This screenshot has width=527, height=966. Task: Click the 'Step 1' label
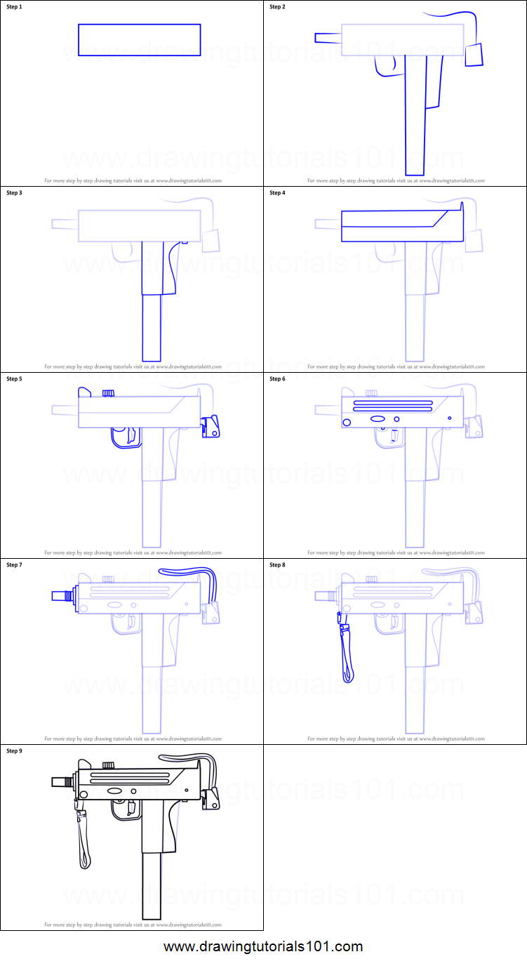coord(14,7)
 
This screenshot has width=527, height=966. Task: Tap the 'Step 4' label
coord(277,193)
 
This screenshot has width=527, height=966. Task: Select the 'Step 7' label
coord(14,565)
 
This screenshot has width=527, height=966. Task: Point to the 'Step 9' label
coord(14,751)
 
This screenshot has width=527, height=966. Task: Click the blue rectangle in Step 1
coord(139,40)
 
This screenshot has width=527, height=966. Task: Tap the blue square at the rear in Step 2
coord(474,55)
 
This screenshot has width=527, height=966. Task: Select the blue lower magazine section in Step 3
coord(152,327)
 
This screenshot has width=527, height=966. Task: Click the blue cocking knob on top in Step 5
coord(108,393)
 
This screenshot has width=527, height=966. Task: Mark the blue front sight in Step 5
coord(84,392)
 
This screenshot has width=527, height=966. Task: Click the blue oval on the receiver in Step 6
coord(378,419)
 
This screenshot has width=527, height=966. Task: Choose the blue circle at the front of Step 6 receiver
coord(347,422)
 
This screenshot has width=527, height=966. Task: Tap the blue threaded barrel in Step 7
coord(62,596)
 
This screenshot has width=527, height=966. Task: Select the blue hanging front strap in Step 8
coord(345,649)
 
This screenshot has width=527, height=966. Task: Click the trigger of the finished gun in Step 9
coord(131,807)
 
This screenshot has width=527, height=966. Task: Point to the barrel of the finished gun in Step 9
coord(62,781)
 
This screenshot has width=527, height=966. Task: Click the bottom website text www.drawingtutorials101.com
coord(263,946)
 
